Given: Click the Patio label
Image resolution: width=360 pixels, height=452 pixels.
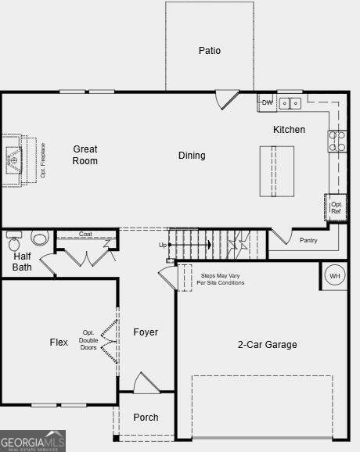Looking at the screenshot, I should click(x=209, y=51).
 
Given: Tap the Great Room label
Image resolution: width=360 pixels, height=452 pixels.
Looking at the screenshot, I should click(x=85, y=155).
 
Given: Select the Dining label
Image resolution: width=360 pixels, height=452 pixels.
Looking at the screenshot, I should click(x=192, y=156).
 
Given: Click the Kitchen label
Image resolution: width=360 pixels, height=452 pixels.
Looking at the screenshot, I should click(x=289, y=130).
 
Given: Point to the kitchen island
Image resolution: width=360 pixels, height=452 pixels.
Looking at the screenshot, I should click(x=277, y=171).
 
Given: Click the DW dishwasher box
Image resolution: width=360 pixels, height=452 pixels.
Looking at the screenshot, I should click(x=267, y=102).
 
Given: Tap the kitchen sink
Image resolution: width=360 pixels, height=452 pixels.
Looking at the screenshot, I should click(x=290, y=102).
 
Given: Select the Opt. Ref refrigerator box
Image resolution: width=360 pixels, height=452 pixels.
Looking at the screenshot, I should click(x=336, y=207).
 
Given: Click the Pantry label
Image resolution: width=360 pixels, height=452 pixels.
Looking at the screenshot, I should click(x=308, y=240).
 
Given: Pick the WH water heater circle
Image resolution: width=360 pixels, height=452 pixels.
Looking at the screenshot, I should click(x=334, y=276).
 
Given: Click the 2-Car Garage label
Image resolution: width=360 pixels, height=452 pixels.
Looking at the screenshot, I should click(x=267, y=344).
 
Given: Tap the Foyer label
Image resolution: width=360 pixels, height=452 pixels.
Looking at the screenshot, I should click(x=146, y=332).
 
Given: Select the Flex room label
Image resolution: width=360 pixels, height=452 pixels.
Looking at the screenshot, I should click(x=59, y=343).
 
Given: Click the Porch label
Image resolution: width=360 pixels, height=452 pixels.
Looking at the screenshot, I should click(x=146, y=418).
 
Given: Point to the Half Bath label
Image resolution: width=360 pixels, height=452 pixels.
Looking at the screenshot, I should click(x=23, y=262).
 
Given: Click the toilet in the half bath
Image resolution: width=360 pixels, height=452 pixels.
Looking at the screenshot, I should click(x=40, y=239).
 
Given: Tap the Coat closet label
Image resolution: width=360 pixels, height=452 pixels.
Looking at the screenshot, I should click(x=86, y=234).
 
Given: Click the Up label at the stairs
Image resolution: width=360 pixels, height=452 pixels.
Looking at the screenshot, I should click(x=163, y=245).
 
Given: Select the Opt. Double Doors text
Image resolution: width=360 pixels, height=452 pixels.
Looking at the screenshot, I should click(x=88, y=340).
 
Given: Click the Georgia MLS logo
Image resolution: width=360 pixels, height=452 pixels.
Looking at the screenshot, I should click(x=33, y=441).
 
